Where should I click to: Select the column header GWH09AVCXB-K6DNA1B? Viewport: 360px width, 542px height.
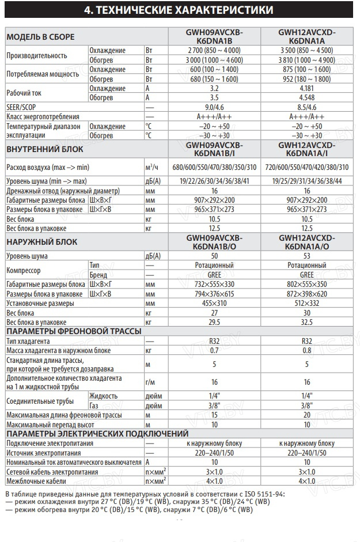(x=215, y=37)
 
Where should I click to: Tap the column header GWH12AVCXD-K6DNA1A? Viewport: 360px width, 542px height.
(x=306, y=37)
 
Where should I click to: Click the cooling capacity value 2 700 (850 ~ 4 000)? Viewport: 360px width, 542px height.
(x=215, y=51)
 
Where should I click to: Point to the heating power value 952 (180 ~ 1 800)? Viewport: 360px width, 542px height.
(x=306, y=79)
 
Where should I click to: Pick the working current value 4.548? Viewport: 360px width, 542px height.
(x=306, y=98)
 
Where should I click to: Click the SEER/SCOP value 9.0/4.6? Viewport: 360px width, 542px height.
(x=215, y=107)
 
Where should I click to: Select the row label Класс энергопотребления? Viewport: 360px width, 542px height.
(x=43, y=117)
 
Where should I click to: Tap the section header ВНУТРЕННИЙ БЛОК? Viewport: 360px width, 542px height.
(x=45, y=149)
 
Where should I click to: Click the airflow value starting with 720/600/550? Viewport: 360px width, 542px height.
(x=306, y=167)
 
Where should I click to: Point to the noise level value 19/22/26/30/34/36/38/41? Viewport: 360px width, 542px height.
(x=215, y=181)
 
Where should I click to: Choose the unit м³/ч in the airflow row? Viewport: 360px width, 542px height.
(x=152, y=167)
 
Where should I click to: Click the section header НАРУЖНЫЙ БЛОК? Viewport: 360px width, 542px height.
(x=41, y=242)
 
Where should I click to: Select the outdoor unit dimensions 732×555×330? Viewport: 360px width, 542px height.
(x=215, y=285)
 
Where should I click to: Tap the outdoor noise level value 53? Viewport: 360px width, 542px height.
(x=306, y=256)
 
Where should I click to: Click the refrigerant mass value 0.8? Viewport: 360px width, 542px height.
(x=306, y=350)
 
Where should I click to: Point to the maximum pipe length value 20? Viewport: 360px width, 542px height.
(x=306, y=415)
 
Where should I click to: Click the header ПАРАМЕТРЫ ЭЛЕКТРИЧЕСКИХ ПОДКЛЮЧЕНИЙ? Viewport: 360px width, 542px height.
(x=97, y=434)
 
